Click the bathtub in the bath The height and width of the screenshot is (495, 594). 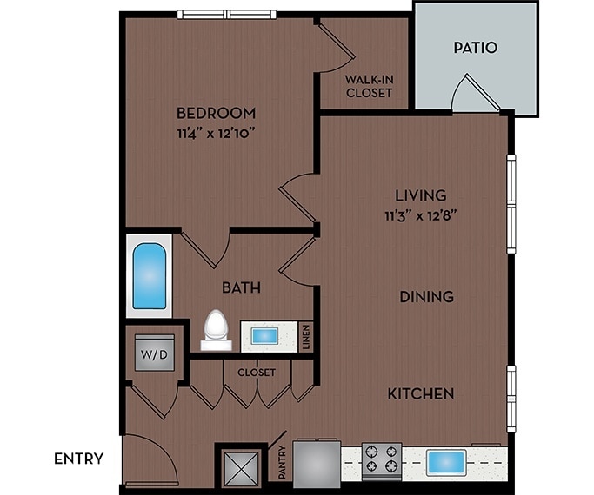coord(149,277)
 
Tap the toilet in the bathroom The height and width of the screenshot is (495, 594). coord(215,330)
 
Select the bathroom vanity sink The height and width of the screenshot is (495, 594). coord(265,335)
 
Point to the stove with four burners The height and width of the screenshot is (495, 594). coord(381,460)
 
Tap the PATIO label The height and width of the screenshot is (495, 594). coord(476,48)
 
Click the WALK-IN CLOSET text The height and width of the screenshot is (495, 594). coord(369,87)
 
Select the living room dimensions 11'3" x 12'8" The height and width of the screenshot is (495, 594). coord(421,216)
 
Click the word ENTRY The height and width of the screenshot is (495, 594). coord(79,459)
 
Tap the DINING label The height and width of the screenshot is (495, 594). coord(426,297)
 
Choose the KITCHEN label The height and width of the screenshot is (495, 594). coord(421,394)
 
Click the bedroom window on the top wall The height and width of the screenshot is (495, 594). coord(226,14)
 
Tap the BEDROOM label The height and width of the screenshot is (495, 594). coord(216,113)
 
